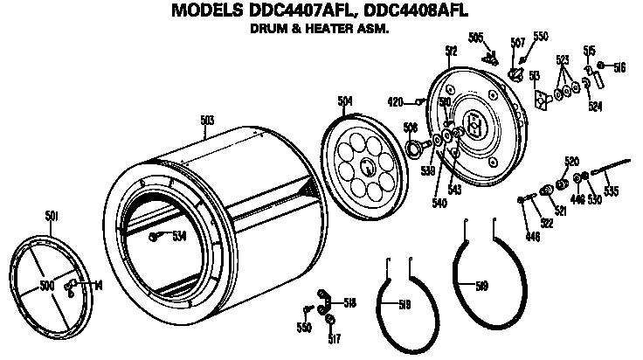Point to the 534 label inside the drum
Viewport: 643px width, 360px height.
tap(179, 236)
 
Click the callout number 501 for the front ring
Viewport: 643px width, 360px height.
tap(52, 214)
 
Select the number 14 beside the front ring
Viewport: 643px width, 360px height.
tap(98, 284)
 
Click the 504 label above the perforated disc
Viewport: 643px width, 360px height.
tap(345, 101)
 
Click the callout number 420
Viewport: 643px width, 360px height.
tap(395, 101)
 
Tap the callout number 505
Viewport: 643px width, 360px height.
tap(475, 37)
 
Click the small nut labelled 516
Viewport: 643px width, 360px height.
tap(600, 66)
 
